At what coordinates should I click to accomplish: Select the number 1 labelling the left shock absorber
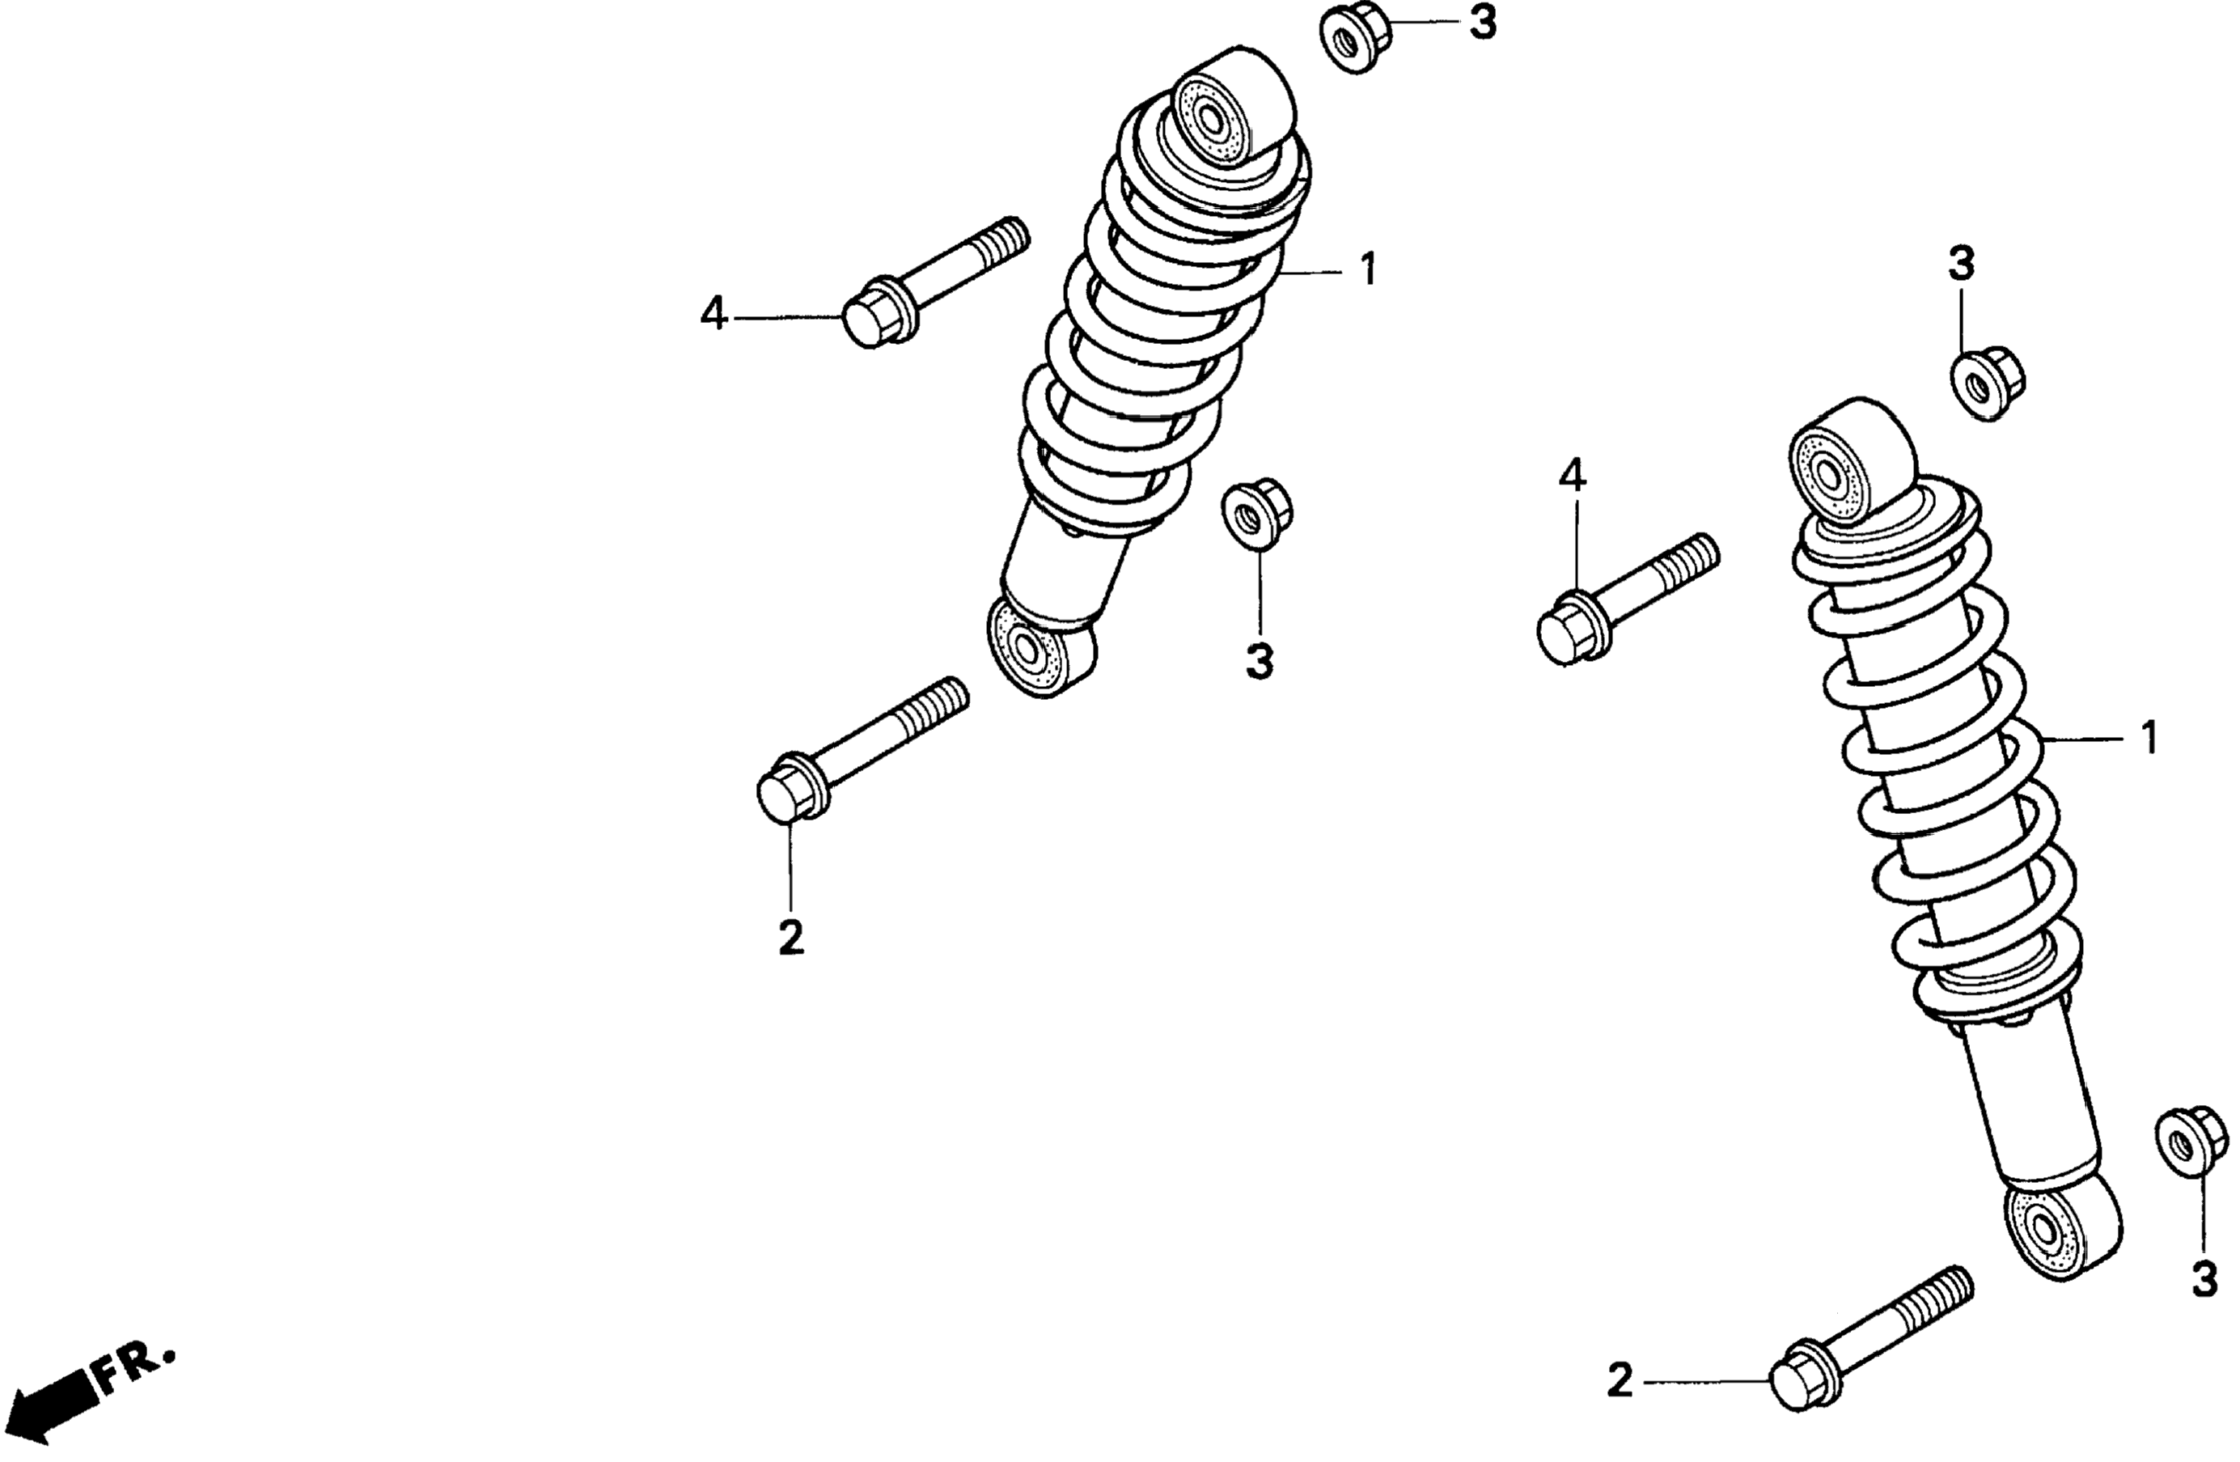tap(1367, 269)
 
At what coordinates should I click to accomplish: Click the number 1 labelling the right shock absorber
tap(2149, 738)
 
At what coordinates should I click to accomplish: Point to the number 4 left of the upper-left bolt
tap(713, 313)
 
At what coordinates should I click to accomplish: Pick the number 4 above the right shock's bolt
tap(1572, 477)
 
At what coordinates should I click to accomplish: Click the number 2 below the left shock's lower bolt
tap(790, 937)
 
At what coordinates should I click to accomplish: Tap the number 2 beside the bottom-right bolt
tap(1619, 1381)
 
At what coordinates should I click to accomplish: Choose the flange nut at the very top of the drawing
tap(1353, 40)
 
